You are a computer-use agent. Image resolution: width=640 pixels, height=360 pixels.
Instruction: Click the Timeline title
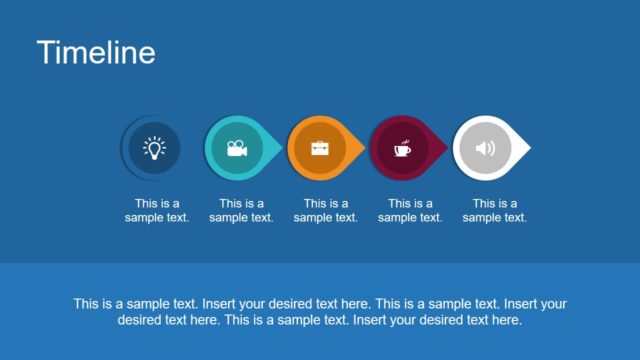click(96, 53)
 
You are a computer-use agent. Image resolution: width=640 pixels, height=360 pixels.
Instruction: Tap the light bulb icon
click(153, 148)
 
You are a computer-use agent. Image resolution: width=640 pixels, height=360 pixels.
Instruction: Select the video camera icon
click(236, 149)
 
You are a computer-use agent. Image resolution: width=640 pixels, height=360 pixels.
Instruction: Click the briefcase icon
click(319, 149)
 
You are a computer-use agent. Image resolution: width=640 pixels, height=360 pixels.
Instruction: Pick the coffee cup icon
click(402, 149)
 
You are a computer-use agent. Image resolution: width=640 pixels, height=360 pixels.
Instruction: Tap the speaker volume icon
click(485, 149)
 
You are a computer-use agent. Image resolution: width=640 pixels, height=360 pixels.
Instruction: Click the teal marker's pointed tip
click(279, 149)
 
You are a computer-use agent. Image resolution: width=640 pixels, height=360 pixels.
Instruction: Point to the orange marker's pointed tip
click(362, 149)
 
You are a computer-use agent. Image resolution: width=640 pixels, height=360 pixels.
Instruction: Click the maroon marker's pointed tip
click(446, 149)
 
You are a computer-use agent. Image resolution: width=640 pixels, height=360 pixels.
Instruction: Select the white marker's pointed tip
click(527, 149)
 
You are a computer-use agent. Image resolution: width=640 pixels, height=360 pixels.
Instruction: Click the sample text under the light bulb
click(157, 210)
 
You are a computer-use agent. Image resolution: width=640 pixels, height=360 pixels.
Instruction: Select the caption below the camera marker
click(241, 210)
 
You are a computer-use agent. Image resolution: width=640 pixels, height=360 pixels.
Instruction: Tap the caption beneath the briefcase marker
click(325, 210)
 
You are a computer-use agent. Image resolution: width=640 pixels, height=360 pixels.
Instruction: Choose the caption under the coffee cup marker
click(409, 210)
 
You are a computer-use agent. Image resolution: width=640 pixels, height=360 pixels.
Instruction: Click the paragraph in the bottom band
click(320, 312)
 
